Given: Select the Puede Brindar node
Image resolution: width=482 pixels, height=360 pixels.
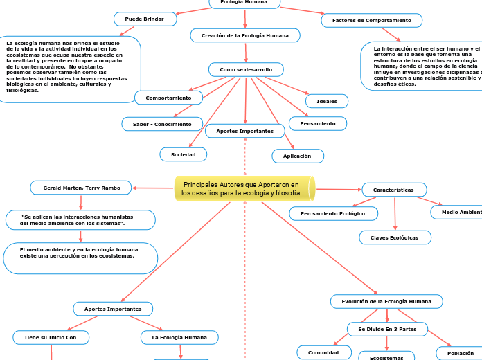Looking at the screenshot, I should coord(144,19).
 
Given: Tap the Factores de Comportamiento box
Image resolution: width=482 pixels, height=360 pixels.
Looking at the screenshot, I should coord(371,21).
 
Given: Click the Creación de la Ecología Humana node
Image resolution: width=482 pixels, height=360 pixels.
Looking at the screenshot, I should coord(244,35).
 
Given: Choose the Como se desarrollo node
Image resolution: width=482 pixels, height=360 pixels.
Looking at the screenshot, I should coord(246,70).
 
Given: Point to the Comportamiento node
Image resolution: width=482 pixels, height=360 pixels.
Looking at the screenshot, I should coord(168,98).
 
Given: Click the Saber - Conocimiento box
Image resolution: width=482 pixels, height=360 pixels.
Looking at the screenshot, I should coord(157,124).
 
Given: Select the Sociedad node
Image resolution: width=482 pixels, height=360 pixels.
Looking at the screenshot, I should coord(183,154).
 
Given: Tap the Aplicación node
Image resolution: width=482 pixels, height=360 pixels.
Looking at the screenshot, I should coord(297,156).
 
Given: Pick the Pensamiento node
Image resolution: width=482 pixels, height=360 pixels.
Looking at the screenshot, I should coord(317,124).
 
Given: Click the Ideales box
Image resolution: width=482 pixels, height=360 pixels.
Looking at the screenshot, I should coord(326,102).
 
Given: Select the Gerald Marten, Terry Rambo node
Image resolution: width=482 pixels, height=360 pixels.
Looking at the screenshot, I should coord(81,188).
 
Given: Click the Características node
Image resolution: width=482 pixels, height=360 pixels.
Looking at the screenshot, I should coord(393,190).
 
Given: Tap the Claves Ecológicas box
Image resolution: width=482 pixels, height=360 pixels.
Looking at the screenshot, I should coord(395,237).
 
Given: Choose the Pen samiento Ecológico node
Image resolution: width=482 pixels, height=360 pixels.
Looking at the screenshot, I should coord(333,214).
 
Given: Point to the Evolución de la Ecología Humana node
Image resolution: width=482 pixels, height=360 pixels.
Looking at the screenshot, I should coord(386,302).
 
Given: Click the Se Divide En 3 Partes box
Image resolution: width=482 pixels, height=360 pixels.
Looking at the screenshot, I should coord(387,329).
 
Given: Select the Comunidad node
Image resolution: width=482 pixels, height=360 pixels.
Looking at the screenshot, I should coord(323,353).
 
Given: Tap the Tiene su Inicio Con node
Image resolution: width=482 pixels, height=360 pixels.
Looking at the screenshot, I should coord(51,337).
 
